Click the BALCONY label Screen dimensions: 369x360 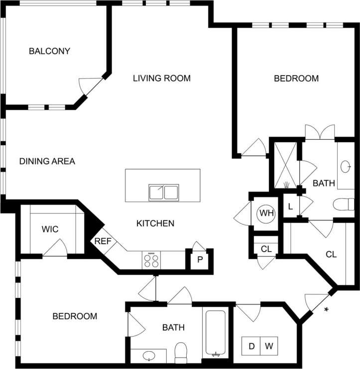coord(49,51)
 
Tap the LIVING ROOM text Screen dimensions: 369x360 coord(162,78)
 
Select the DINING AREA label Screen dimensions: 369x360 coord(47,161)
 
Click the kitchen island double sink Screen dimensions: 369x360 coord(163,192)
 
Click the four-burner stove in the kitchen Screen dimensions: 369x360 coord(152,260)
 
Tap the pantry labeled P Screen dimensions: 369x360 coord(199,260)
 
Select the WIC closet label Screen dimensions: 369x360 coord(50,229)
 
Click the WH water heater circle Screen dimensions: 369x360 coord(266,214)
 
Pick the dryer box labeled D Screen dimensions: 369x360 coord(251,345)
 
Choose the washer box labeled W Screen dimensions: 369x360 coord(268,345)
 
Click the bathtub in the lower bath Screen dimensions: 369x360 coord(215,333)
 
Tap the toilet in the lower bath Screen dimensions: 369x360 coord(181,353)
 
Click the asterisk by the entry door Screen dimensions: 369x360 coord(327,310)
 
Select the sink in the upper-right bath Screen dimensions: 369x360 coord(347,166)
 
